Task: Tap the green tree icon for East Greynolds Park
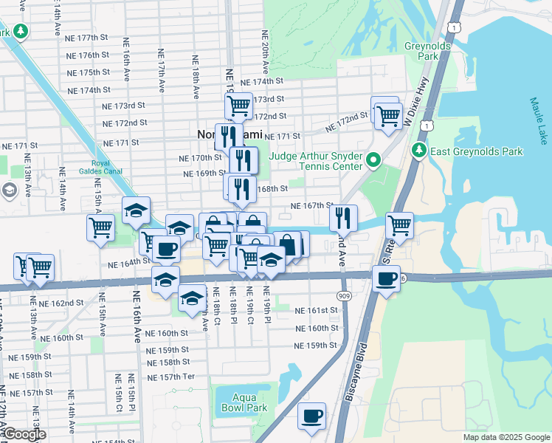pos(419,151)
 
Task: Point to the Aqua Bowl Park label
pos(244,402)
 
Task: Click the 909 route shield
pos(345,295)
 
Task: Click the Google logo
pos(24,435)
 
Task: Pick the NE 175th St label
pos(88,72)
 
